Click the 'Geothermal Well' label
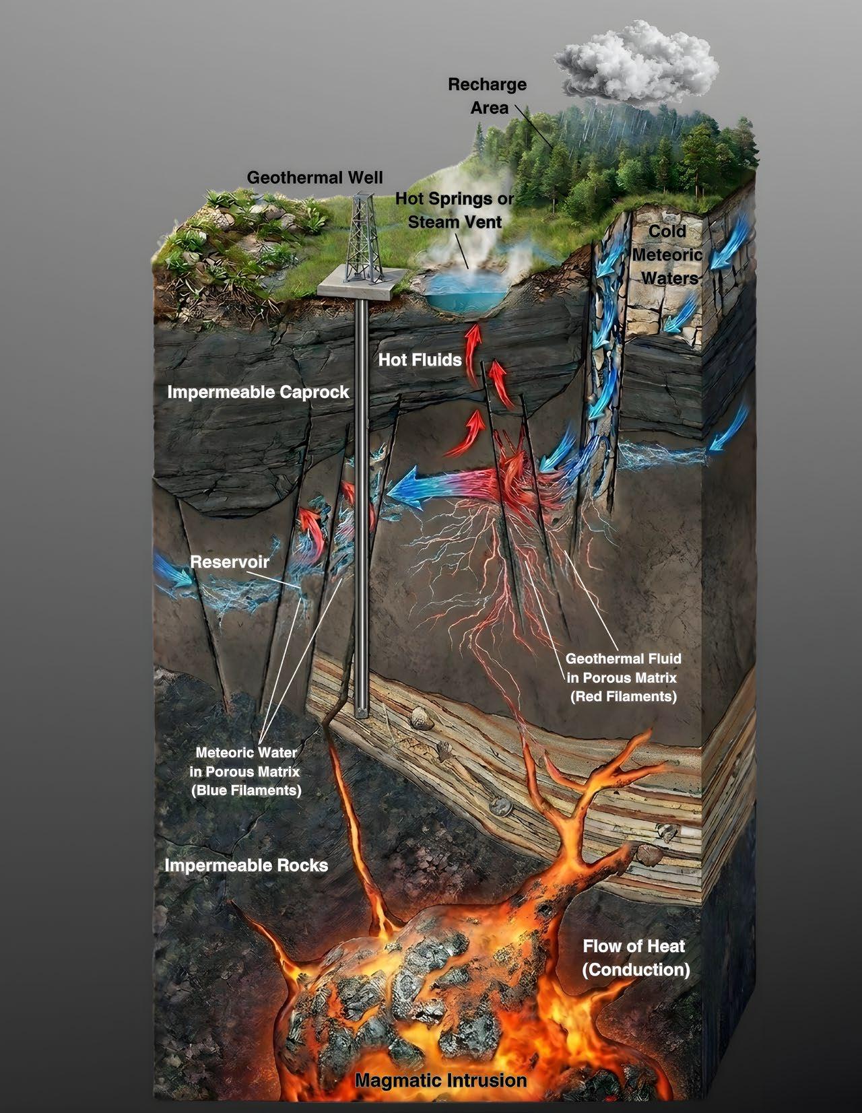click(x=314, y=178)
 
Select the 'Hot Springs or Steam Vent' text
click(x=455, y=210)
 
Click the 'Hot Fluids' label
click(x=420, y=360)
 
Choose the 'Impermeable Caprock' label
click(x=258, y=392)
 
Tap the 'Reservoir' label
click(x=230, y=562)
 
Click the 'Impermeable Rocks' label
click(x=246, y=865)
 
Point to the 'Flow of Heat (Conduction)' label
click(x=636, y=957)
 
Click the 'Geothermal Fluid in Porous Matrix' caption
click(x=623, y=677)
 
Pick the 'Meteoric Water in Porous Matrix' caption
click(x=246, y=770)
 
